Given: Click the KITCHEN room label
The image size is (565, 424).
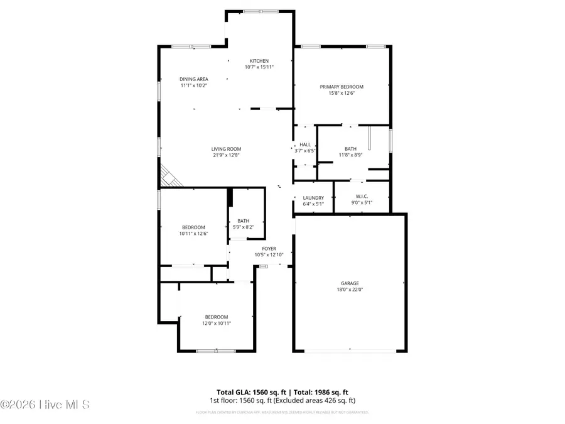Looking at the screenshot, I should [x=259, y=61].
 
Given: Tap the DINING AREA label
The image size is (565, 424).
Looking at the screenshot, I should [x=193, y=79].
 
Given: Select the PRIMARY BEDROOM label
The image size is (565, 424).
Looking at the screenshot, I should [x=342, y=87].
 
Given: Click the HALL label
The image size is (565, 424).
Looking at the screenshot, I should [x=305, y=144].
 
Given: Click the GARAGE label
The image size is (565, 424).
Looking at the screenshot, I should [x=350, y=283].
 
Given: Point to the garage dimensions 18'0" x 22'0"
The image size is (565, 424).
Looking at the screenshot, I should [x=350, y=290].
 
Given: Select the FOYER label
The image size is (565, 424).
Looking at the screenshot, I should [x=269, y=249].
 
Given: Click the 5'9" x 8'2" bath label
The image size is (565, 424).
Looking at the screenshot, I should [x=243, y=227].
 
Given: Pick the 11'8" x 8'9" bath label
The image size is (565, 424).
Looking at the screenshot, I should [x=350, y=155].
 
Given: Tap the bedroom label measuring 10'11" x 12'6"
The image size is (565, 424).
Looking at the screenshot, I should [x=194, y=231].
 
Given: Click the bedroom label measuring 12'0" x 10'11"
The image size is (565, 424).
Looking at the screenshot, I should [x=217, y=320].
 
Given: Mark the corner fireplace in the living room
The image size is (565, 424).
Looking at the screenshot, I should [x=168, y=177].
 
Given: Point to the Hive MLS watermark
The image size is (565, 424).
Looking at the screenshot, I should [x=45, y=405].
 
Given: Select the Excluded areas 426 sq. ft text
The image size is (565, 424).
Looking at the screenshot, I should [x=321, y=400].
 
